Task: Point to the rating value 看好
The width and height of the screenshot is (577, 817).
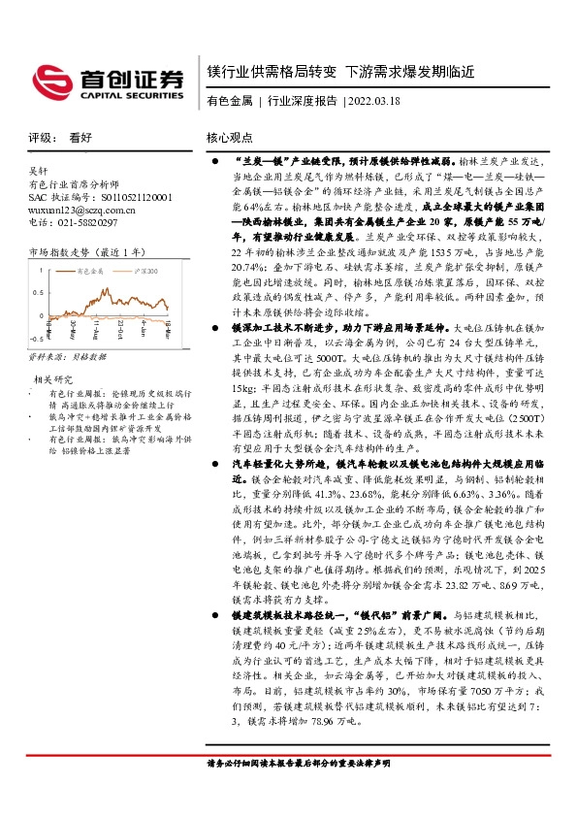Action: pyautogui.click(x=80, y=139)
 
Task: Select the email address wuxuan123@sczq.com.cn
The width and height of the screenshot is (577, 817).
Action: pyautogui.click(x=79, y=209)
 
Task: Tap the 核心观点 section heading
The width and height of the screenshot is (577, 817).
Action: pyautogui.click(x=230, y=139)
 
